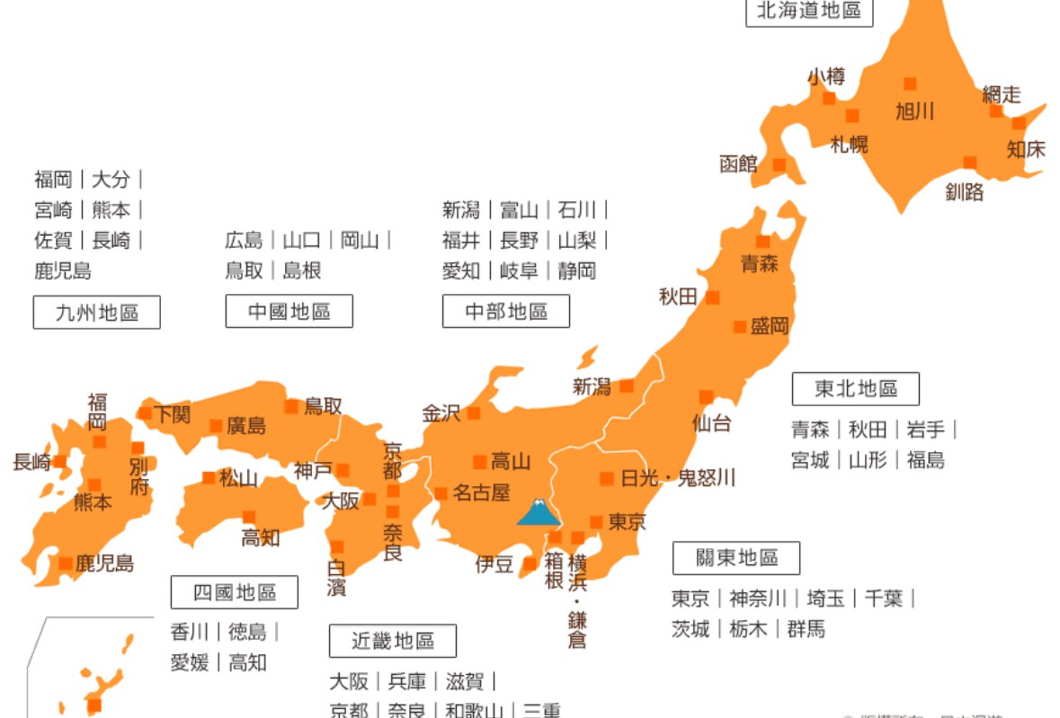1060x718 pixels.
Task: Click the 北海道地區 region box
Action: [809, 11]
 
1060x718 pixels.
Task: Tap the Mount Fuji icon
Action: [539, 511]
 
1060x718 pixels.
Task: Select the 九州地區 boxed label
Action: [97, 313]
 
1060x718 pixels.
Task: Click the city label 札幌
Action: [849, 143]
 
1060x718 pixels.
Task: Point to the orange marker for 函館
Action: [779, 164]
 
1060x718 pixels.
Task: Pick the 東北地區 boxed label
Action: [856, 389]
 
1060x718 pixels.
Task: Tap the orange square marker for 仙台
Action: [706, 396]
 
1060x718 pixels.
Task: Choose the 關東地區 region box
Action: [736, 558]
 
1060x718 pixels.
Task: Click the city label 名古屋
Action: [480, 493]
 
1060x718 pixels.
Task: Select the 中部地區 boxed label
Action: [506, 312]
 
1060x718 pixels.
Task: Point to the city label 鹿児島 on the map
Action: [104, 564]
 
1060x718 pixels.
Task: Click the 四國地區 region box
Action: [235, 592]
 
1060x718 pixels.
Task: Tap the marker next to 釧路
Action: [969, 163]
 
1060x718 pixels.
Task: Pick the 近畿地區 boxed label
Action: [392, 641]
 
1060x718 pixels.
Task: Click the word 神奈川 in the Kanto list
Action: [758, 598]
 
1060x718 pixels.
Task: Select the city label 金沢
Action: [441, 413]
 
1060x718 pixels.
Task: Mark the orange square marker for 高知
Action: [248, 517]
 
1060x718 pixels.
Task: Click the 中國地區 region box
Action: [289, 312]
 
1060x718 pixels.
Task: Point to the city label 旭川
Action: [914, 111]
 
